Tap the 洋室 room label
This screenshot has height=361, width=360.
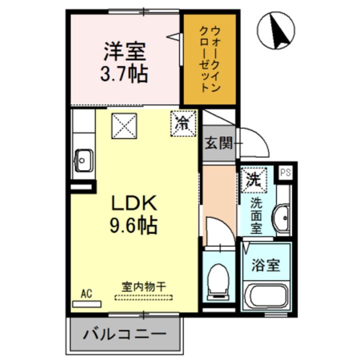(125, 52)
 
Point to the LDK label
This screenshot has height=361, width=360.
(134, 203)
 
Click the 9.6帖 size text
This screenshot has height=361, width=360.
(134, 226)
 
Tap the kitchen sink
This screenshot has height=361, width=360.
(82, 160)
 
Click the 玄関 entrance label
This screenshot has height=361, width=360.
(219, 143)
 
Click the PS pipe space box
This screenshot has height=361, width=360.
(286, 172)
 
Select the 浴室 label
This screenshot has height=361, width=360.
(265, 265)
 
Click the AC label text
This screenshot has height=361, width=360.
(87, 294)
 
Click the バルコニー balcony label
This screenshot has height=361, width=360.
(125, 334)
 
